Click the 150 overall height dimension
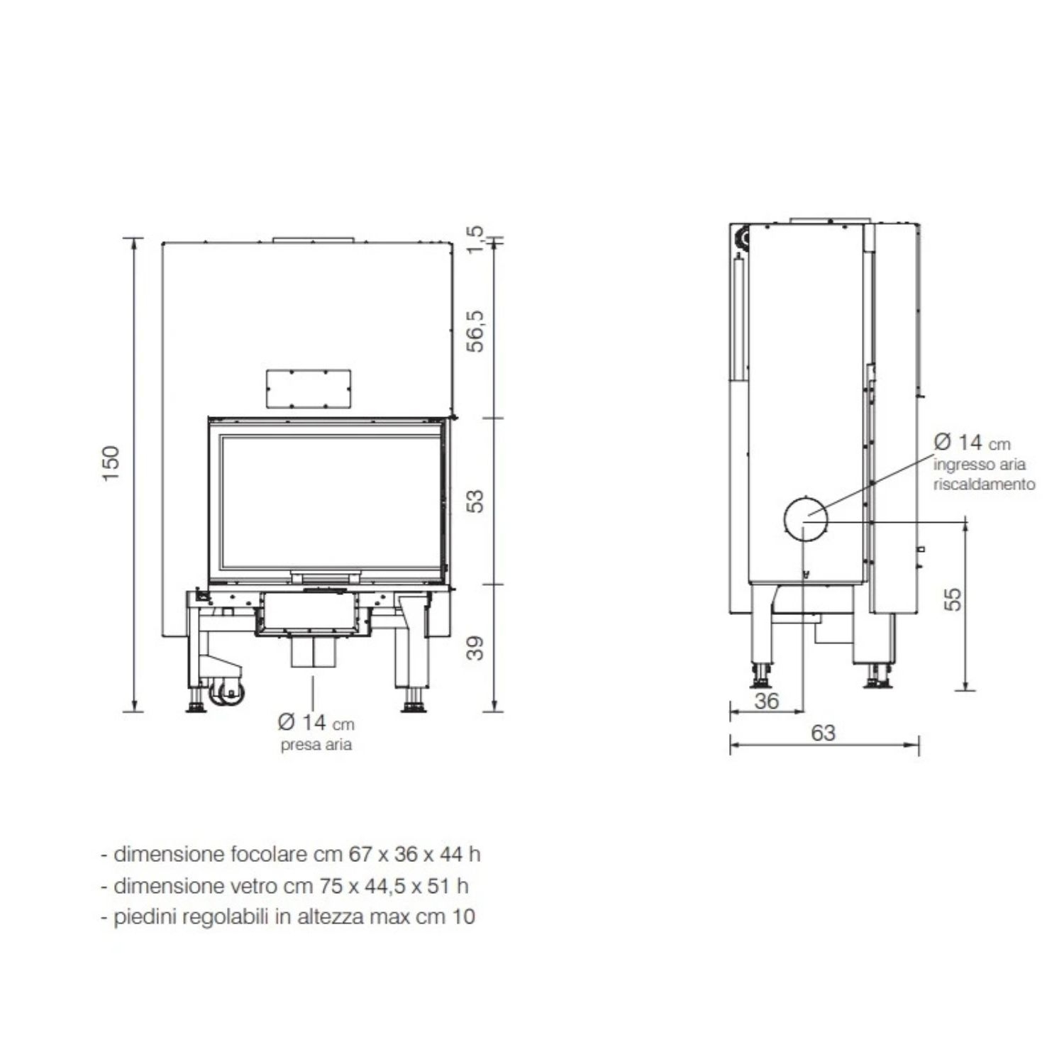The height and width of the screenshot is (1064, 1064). pyautogui.click(x=111, y=464)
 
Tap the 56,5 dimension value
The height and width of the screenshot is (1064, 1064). pyautogui.click(x=476, y=331)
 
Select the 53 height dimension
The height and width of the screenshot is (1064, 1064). pyautogui.click(x=476, y=501)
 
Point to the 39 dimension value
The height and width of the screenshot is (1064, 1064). pyautogui.click(x=476, y=648)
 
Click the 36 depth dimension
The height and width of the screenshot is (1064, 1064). pyautogui.click(x=766, y=701)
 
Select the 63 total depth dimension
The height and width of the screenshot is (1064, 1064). pyautogui.click(x=823, y=733)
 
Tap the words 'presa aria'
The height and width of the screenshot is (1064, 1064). pyautogui.click(x=316, y=746)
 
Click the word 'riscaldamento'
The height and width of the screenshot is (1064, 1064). pyautogui.click(x=984, y=484)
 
